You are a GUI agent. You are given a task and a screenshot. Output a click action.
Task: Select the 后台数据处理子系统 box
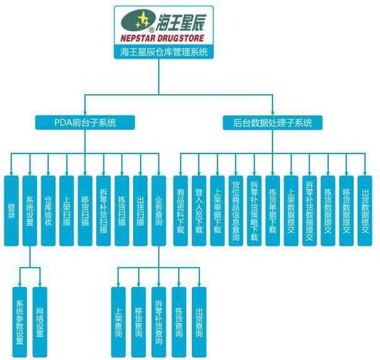pyautogui.click(x=272, y=123)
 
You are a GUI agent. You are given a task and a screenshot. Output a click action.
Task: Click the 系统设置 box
pyautogui.click(x=30, y=210)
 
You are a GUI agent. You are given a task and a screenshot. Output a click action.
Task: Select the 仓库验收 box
pyautogui.click(x=49, y=210)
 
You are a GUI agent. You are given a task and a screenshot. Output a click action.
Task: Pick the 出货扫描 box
pyautogui.click(x=141, y=210)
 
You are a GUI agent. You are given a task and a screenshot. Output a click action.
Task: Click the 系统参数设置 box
pyautogui.click(x=21, y=321)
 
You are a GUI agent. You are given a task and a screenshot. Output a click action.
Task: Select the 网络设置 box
pyautogui.click(x=39, y=321)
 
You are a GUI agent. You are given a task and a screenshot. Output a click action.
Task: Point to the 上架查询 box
pyautogui.click(x=119, y=322)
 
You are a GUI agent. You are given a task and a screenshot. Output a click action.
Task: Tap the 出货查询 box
pyautogui.click(x=199, y=322)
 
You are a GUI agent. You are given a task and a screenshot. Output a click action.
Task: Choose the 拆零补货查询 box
pyautogui.click(x=159, y=322)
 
